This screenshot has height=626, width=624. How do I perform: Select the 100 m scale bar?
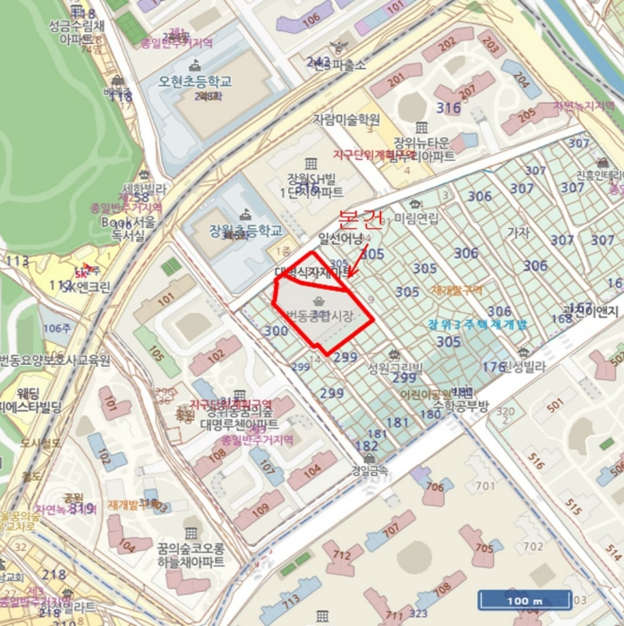coord(525,599)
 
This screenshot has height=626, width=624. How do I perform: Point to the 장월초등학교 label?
coord(239,230)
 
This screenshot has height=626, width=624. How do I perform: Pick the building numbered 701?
coord(484,486)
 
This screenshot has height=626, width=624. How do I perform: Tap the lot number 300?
coord(277,330)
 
